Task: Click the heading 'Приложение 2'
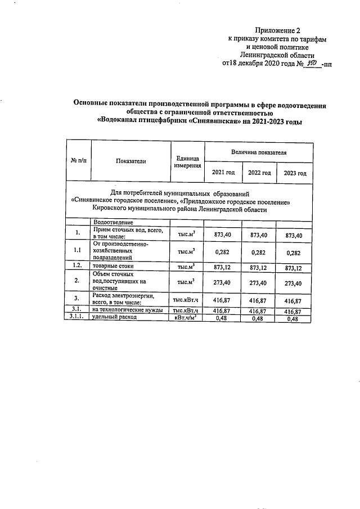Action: (278, 30)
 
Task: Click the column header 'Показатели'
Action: (130, 161)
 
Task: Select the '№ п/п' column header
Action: (79, 161)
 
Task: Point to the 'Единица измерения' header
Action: (187, 161)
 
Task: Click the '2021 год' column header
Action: (223, 173)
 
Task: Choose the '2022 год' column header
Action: (259, 173)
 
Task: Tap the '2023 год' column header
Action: (295, 173)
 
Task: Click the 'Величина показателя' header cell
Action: (259, 152)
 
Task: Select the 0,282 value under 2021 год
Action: (223, 251)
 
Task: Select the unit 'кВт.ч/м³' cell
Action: (187, 318)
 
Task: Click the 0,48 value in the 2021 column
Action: (223, 318)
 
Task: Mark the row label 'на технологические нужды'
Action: (128, 310)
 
